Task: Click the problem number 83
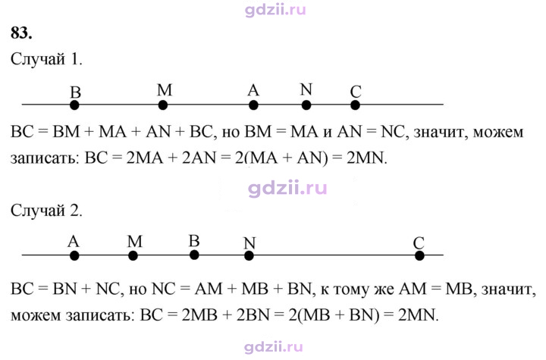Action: pyautogui.click(x=21, y=33)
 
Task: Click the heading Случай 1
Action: pyautogui.click(x=46, y=59)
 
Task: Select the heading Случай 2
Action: pyautogui.click(x=46, y=210)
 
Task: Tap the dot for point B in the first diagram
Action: pyautogui.click(x=74, y=105)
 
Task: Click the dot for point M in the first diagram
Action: pyautogui.click(x=162, y=105)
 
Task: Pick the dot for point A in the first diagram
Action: pyautogui.click(x=253, y=105)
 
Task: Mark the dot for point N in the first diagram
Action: pyautogui.click(x=306, y=105)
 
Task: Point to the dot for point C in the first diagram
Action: pyautogui.click(x=355, y=105)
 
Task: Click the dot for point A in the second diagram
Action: pyautogui.click(x=74, y=256)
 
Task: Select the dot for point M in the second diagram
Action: pyautogui.click(x=133, y=256)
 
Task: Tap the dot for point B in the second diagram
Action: pyautogui.click(x=194, y=255)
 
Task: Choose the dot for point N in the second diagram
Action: pyautogui.click(x=249, y=256)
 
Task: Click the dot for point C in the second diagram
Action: pyautogui.click(x=419, y=256)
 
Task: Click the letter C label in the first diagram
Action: pyautogui.click(x=356, y=92)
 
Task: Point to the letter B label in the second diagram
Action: pyautogui.click(x=194, y=241)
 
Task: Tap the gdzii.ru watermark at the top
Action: pyautogui.click(x=275, y=9)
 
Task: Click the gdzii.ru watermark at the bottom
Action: pyautogui.click(x=273, y=347)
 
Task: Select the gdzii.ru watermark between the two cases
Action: pyautogui.click(x=287, y=189)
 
